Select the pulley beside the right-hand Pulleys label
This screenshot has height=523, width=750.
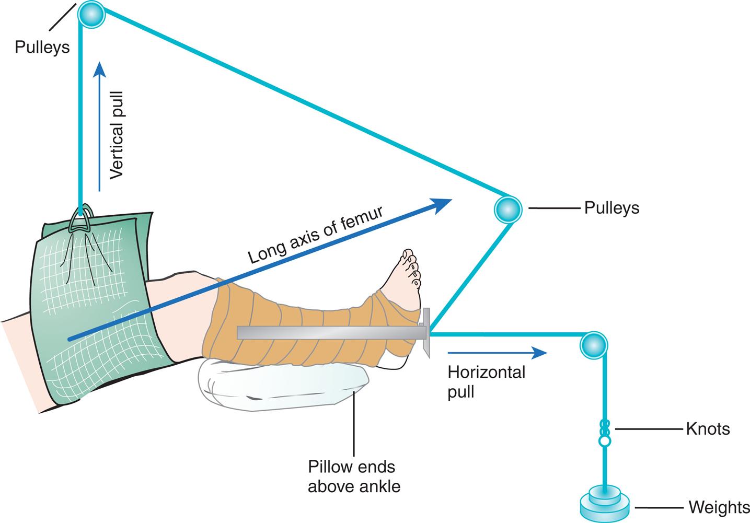pyautogui.click(x=507, y=208)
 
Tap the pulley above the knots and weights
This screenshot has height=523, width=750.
pyautogui.click(x=594, y=345)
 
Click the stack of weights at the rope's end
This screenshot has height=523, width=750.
pyautogui.click(x=605, y=503)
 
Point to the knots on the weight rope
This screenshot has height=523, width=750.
pyautogui.click(x=605, y=433)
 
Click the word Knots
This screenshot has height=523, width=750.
pyautogui.click(x=708, y=429)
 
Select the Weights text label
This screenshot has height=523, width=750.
pyautogui.click(x=719, y=507)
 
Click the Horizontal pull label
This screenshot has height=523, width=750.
pyautogui.click(x=486, y=381)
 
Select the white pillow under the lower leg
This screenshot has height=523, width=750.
pyautogui.click(x=282, y=386)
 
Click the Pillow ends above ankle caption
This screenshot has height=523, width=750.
pyautogui.click(x=354, y=476)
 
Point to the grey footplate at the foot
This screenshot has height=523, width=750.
pyautogui.click(x=426, y=332)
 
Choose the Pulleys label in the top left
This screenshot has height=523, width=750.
pyautogui.click(x=42, y=47)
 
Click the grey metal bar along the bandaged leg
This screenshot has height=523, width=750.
pyautogui.click(x=329, y=333)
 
